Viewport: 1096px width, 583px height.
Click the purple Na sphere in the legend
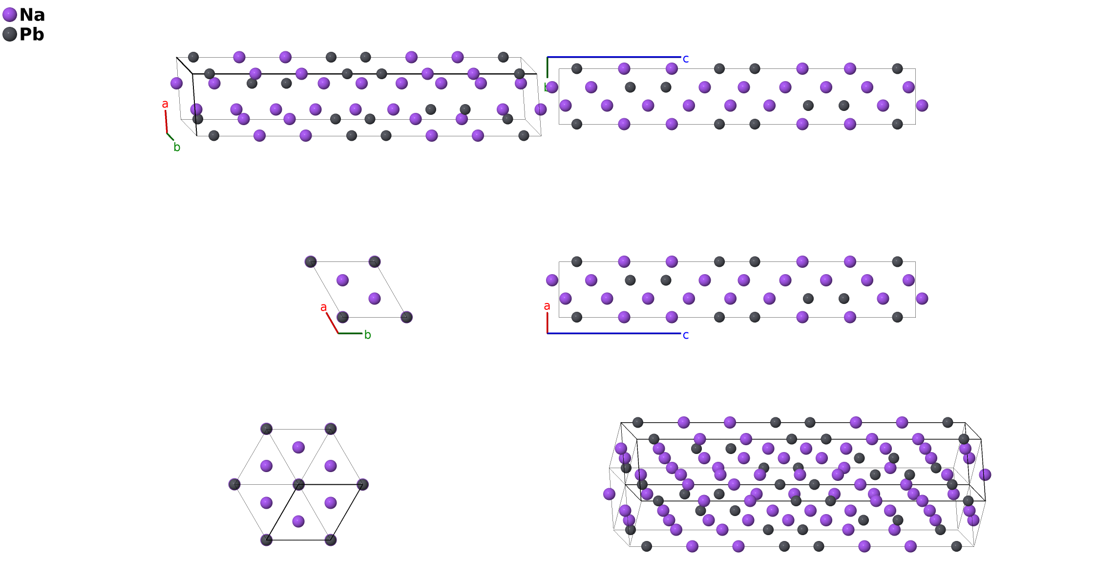(10, 15)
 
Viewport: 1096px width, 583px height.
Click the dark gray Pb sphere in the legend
(10, 34)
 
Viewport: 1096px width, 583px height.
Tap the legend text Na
(32, 15)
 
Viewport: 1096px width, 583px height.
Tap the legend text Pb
(32, 34)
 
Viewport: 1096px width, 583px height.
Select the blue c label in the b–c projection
(686, 59)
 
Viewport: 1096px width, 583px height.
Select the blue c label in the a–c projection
(686, 335)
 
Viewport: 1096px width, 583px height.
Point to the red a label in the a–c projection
(547, 306)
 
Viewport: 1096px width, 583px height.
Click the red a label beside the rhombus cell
(323, 307)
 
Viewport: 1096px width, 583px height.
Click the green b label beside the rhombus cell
(368, 335)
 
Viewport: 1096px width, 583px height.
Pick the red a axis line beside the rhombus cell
(332, 323)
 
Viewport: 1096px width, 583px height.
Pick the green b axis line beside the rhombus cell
(350, 333)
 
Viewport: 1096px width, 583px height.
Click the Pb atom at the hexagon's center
(298, 485)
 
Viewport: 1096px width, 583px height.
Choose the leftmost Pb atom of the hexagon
(234, 485)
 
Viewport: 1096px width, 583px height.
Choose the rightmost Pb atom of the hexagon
(362, 485)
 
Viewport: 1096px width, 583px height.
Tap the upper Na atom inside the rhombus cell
(342, 280)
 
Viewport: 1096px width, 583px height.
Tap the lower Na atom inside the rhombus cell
(375, 299)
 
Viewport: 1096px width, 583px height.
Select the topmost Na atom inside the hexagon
(298, 447)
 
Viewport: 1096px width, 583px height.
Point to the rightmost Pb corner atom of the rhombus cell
(406, 317)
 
